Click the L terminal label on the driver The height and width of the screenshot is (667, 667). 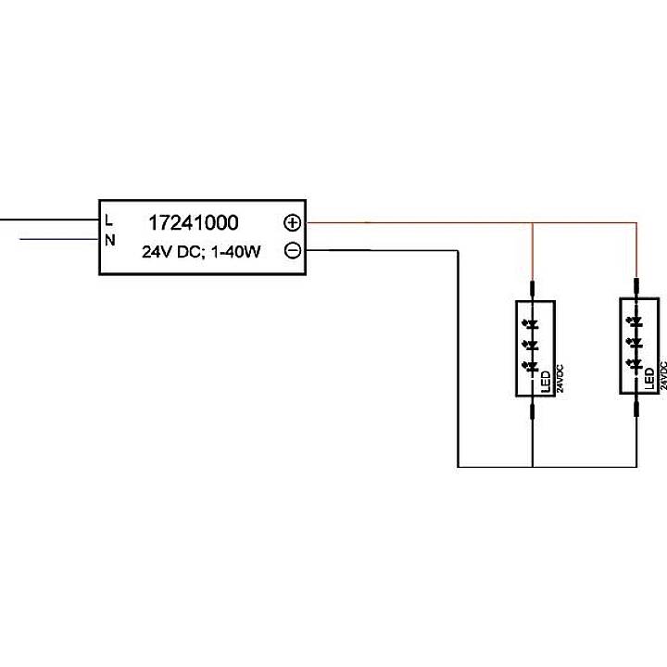(x=109, y=220)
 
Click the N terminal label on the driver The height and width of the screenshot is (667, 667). (x=109, y=241)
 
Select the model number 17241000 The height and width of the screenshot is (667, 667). (x=194, y=223)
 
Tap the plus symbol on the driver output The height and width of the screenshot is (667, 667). (x=292, y=223)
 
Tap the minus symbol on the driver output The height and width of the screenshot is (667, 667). (x=292, y=250)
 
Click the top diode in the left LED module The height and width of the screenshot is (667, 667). (x=533, y=323)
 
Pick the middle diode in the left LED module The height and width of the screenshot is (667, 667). (x=533, y=346)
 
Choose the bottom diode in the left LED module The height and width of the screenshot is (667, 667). (x=533, y=367)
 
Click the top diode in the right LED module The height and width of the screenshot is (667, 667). (x=636, y=321)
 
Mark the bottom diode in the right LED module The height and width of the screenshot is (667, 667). (x=636, y=365)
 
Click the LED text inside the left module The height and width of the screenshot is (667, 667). (x=546, y=380)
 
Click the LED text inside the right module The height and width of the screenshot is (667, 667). (x=649, y=378)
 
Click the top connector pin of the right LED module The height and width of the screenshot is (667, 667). (x=636, y=285)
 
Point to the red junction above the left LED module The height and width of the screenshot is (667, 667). (x=533, y=223)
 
